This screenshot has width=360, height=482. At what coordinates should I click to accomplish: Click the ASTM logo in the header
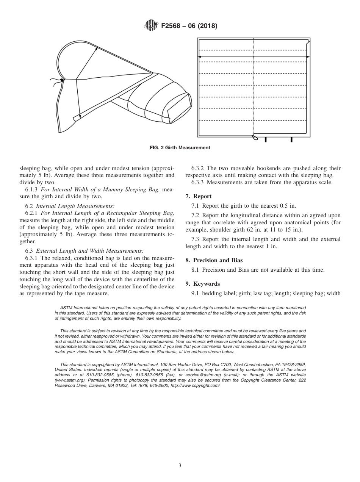tap(152, 26)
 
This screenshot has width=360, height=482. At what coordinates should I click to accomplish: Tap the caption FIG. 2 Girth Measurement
tap(180, 148)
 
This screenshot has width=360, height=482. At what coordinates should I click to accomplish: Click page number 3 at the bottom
tap(180, 465)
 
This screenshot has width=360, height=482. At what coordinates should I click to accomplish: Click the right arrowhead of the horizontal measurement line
tap(308, 57)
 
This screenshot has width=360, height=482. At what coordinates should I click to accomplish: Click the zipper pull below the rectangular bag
tap(255, 138)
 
